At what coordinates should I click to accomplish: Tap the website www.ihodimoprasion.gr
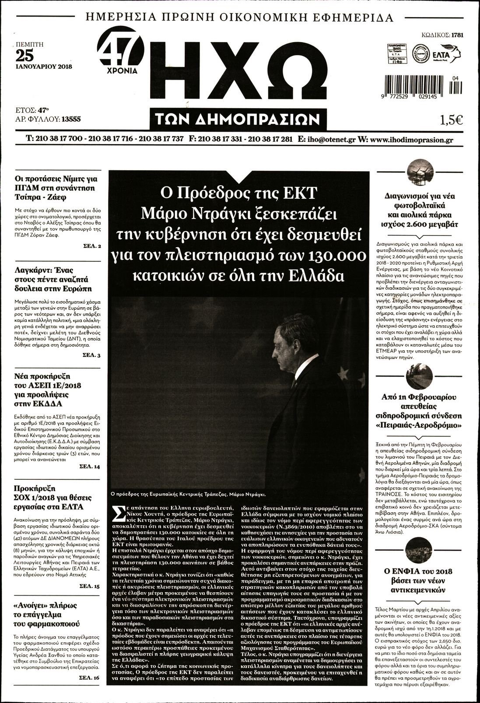pyautogui.click(x=411, y=140)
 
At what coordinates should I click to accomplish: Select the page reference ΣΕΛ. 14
pyautogui.click(x=91, y=467)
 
